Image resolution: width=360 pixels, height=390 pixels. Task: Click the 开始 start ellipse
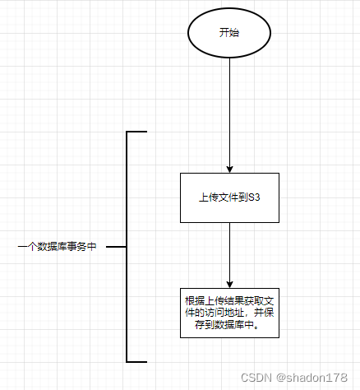point(229,33)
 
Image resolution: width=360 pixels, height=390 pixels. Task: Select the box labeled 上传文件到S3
point(230,197)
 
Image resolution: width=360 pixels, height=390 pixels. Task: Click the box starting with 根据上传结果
point(230,312)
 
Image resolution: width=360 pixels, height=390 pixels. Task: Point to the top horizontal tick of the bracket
point(137,132)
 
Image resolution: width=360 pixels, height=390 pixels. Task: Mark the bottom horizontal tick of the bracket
point(137,361)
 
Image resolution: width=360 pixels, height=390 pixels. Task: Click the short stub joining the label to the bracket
point(116,246)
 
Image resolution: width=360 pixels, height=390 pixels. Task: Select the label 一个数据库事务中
point(58,246)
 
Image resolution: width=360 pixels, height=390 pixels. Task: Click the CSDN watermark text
point(259,376)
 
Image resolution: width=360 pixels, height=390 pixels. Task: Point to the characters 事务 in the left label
point(76,246)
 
